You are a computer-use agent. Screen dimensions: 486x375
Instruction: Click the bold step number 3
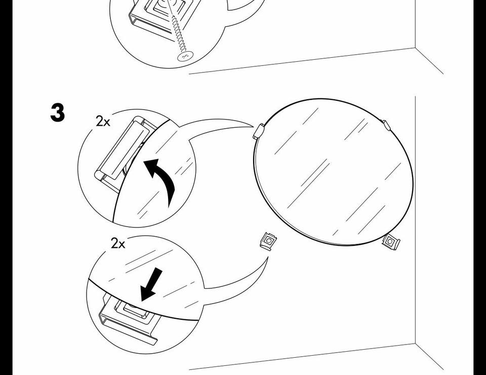point(58,113)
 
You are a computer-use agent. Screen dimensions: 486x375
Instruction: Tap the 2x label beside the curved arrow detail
point(103,121)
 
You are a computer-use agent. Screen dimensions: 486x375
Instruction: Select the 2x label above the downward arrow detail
point(118,243)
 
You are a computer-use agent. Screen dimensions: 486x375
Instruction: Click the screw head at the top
point(186,56)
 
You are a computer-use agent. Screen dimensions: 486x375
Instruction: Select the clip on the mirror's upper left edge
point(259,131)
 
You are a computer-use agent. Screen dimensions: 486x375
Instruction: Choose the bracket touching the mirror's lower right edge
point(391,241)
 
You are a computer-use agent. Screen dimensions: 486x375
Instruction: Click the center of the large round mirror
point(334,172)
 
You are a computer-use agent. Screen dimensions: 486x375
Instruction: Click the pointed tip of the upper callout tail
point(254,127)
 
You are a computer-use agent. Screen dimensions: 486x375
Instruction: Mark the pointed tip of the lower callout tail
point(268,257)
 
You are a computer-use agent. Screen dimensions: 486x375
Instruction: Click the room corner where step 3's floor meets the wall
point(415,344)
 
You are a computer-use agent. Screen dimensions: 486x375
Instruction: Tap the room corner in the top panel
point(415,48)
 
